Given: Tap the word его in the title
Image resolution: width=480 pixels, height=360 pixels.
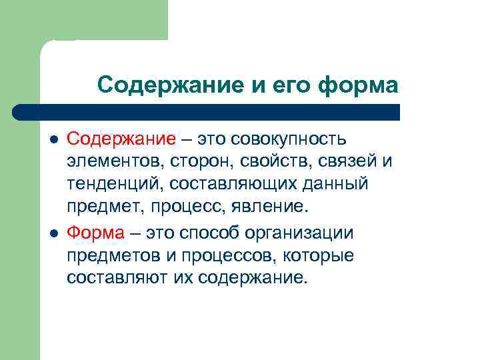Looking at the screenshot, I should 292,85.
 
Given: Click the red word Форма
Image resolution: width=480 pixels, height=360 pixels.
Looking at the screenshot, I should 95,233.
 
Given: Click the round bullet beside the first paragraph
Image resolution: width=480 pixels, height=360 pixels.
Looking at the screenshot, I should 53,140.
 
